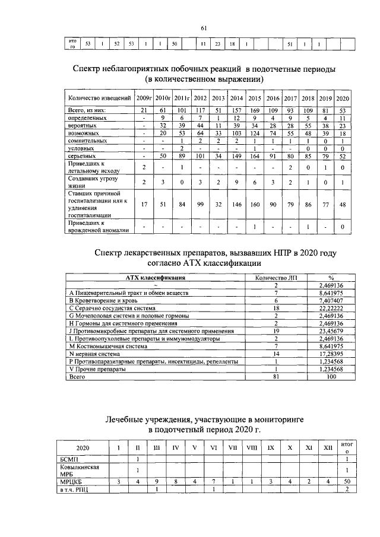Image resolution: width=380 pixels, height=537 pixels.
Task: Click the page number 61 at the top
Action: [204, 28]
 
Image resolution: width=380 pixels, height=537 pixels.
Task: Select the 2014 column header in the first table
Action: [236, 98]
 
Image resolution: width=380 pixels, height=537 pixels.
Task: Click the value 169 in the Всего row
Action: [254, 110]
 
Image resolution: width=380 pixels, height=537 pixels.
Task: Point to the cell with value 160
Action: [254, 205]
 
